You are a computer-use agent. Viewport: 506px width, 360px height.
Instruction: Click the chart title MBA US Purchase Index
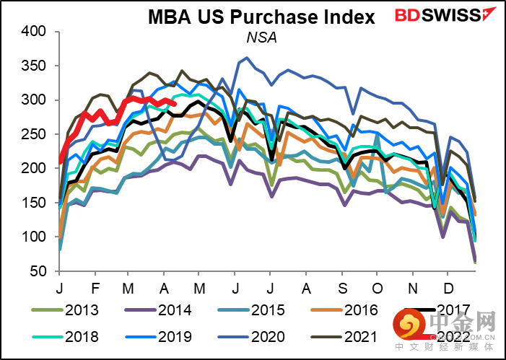[261, 17]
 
